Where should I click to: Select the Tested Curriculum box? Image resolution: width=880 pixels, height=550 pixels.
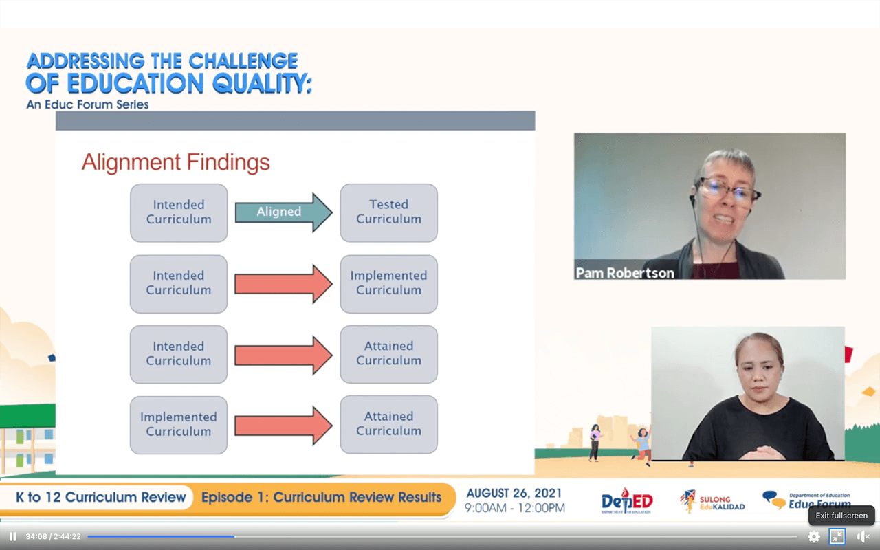point(389,212)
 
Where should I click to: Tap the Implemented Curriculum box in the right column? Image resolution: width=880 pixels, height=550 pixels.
point(389,284)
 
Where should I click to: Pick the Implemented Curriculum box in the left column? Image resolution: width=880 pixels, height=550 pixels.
point(179,425)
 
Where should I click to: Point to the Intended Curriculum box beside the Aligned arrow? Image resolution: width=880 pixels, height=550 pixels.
point(179,212)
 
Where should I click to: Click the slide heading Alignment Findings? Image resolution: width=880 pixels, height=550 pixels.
point(175,162)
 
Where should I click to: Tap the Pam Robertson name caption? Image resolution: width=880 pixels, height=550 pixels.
point(625,273)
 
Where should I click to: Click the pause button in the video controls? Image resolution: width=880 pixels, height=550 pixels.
point(12,537)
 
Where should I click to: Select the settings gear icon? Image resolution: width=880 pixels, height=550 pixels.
point(813,537)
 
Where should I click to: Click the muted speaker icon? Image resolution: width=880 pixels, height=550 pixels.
point(863,537)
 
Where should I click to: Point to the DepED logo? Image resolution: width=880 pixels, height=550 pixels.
point(627,501)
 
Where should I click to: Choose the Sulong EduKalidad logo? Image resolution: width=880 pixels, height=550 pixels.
point(712,502)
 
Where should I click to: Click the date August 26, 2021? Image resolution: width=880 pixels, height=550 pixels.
point(514,494)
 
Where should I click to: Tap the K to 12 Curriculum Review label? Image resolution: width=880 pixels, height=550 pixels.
point(100,497)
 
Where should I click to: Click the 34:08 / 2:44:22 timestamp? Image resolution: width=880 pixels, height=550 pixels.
point(54,537)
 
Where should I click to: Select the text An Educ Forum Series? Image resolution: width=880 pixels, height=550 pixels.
point(87,104)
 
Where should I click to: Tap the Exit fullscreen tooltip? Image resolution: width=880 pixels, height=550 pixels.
point(841,516)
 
